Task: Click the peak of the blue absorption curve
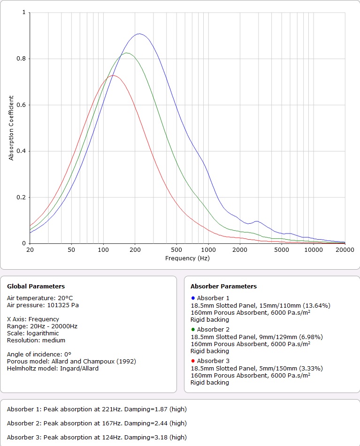coord(139,34)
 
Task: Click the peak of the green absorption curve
coord(126,53)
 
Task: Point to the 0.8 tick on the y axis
coord(23,59)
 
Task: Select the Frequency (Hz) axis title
coord(187,258)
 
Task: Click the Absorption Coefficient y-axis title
coord(11,128)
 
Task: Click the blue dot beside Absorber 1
coord(193,298)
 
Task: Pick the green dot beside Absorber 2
coord(193,329)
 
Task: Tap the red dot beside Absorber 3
coord(193,361)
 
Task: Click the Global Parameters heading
coord(36,286)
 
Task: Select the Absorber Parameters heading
coord(223,286)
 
